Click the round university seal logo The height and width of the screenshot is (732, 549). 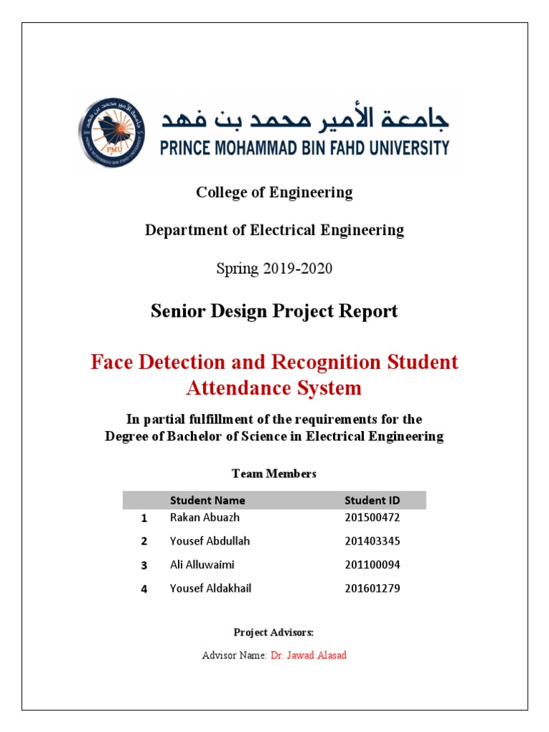109,133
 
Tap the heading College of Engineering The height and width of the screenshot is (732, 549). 274,192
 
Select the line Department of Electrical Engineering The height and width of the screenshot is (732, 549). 274,230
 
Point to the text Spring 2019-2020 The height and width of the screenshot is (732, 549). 274,269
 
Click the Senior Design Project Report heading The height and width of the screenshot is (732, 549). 274,311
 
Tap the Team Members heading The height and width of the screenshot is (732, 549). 274,473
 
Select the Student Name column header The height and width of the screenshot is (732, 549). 207,500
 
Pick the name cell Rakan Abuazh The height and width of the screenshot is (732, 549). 204,517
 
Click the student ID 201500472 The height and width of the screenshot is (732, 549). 372,517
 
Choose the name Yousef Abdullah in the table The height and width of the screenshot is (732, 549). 210,540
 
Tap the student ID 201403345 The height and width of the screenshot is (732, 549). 372,540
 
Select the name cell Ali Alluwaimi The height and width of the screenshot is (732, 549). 202,565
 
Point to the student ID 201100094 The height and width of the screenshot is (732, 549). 372,565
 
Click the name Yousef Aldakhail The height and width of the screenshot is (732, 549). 211,588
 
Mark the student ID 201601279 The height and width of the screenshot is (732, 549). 372,588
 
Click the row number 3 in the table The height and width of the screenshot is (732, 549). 144,565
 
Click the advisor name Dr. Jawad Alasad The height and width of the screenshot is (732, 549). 308,655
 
